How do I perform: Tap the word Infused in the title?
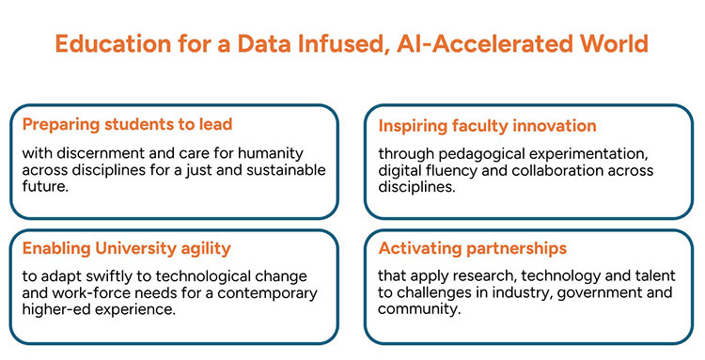[311, 43]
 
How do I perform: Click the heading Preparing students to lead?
[127, 124]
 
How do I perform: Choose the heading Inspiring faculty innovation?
[487, 125]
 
